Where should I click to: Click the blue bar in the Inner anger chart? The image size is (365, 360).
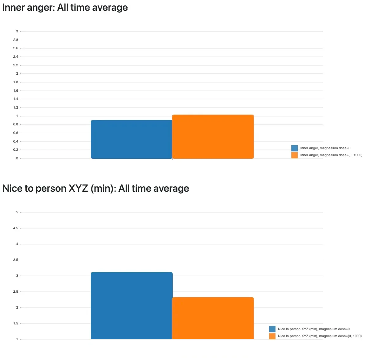coord(131,139)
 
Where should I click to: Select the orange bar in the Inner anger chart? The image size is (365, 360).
coord(213,137)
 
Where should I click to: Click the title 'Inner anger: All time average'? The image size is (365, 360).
coord(65,8)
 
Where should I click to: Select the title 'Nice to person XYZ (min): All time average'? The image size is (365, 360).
coord(96,189)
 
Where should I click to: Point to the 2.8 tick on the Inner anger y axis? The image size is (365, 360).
coord(16,40)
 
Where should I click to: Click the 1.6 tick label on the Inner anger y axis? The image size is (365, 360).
coord(16,91)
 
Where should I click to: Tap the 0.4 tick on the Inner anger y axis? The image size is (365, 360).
coord(16,142)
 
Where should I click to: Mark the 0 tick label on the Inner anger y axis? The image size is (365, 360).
coord(17,158)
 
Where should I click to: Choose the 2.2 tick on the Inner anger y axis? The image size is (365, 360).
coord(16,65)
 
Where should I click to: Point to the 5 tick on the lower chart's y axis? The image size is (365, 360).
coord(17,212)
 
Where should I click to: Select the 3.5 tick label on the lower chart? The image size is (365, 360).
coord(15,260)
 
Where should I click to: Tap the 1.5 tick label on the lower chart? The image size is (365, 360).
coord(15,323)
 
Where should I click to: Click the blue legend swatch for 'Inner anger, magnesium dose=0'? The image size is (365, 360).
coord(295,148)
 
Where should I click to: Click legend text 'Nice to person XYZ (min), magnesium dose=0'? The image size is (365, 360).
coord(314,329)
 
